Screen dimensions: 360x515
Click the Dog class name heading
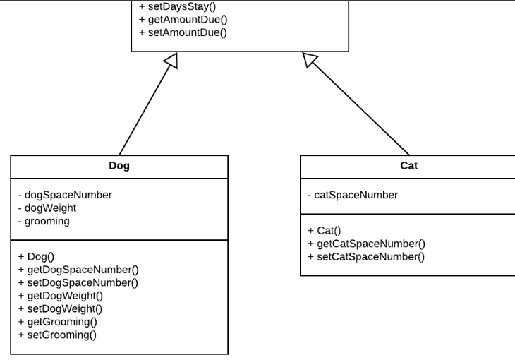119,166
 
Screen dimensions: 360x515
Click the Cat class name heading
408,166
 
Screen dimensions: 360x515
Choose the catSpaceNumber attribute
353,195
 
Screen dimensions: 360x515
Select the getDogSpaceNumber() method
78,270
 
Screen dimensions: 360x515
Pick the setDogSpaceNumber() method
78,282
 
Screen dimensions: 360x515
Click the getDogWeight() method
60,296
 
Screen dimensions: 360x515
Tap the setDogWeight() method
60,308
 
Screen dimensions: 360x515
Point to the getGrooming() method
57,322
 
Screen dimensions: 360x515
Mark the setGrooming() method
57,335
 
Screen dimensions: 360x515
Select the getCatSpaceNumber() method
366,244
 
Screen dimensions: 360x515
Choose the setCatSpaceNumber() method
366,256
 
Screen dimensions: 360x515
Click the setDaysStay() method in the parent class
177,6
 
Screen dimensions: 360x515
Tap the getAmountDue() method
183,19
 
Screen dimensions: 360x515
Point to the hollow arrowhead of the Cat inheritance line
310,60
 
